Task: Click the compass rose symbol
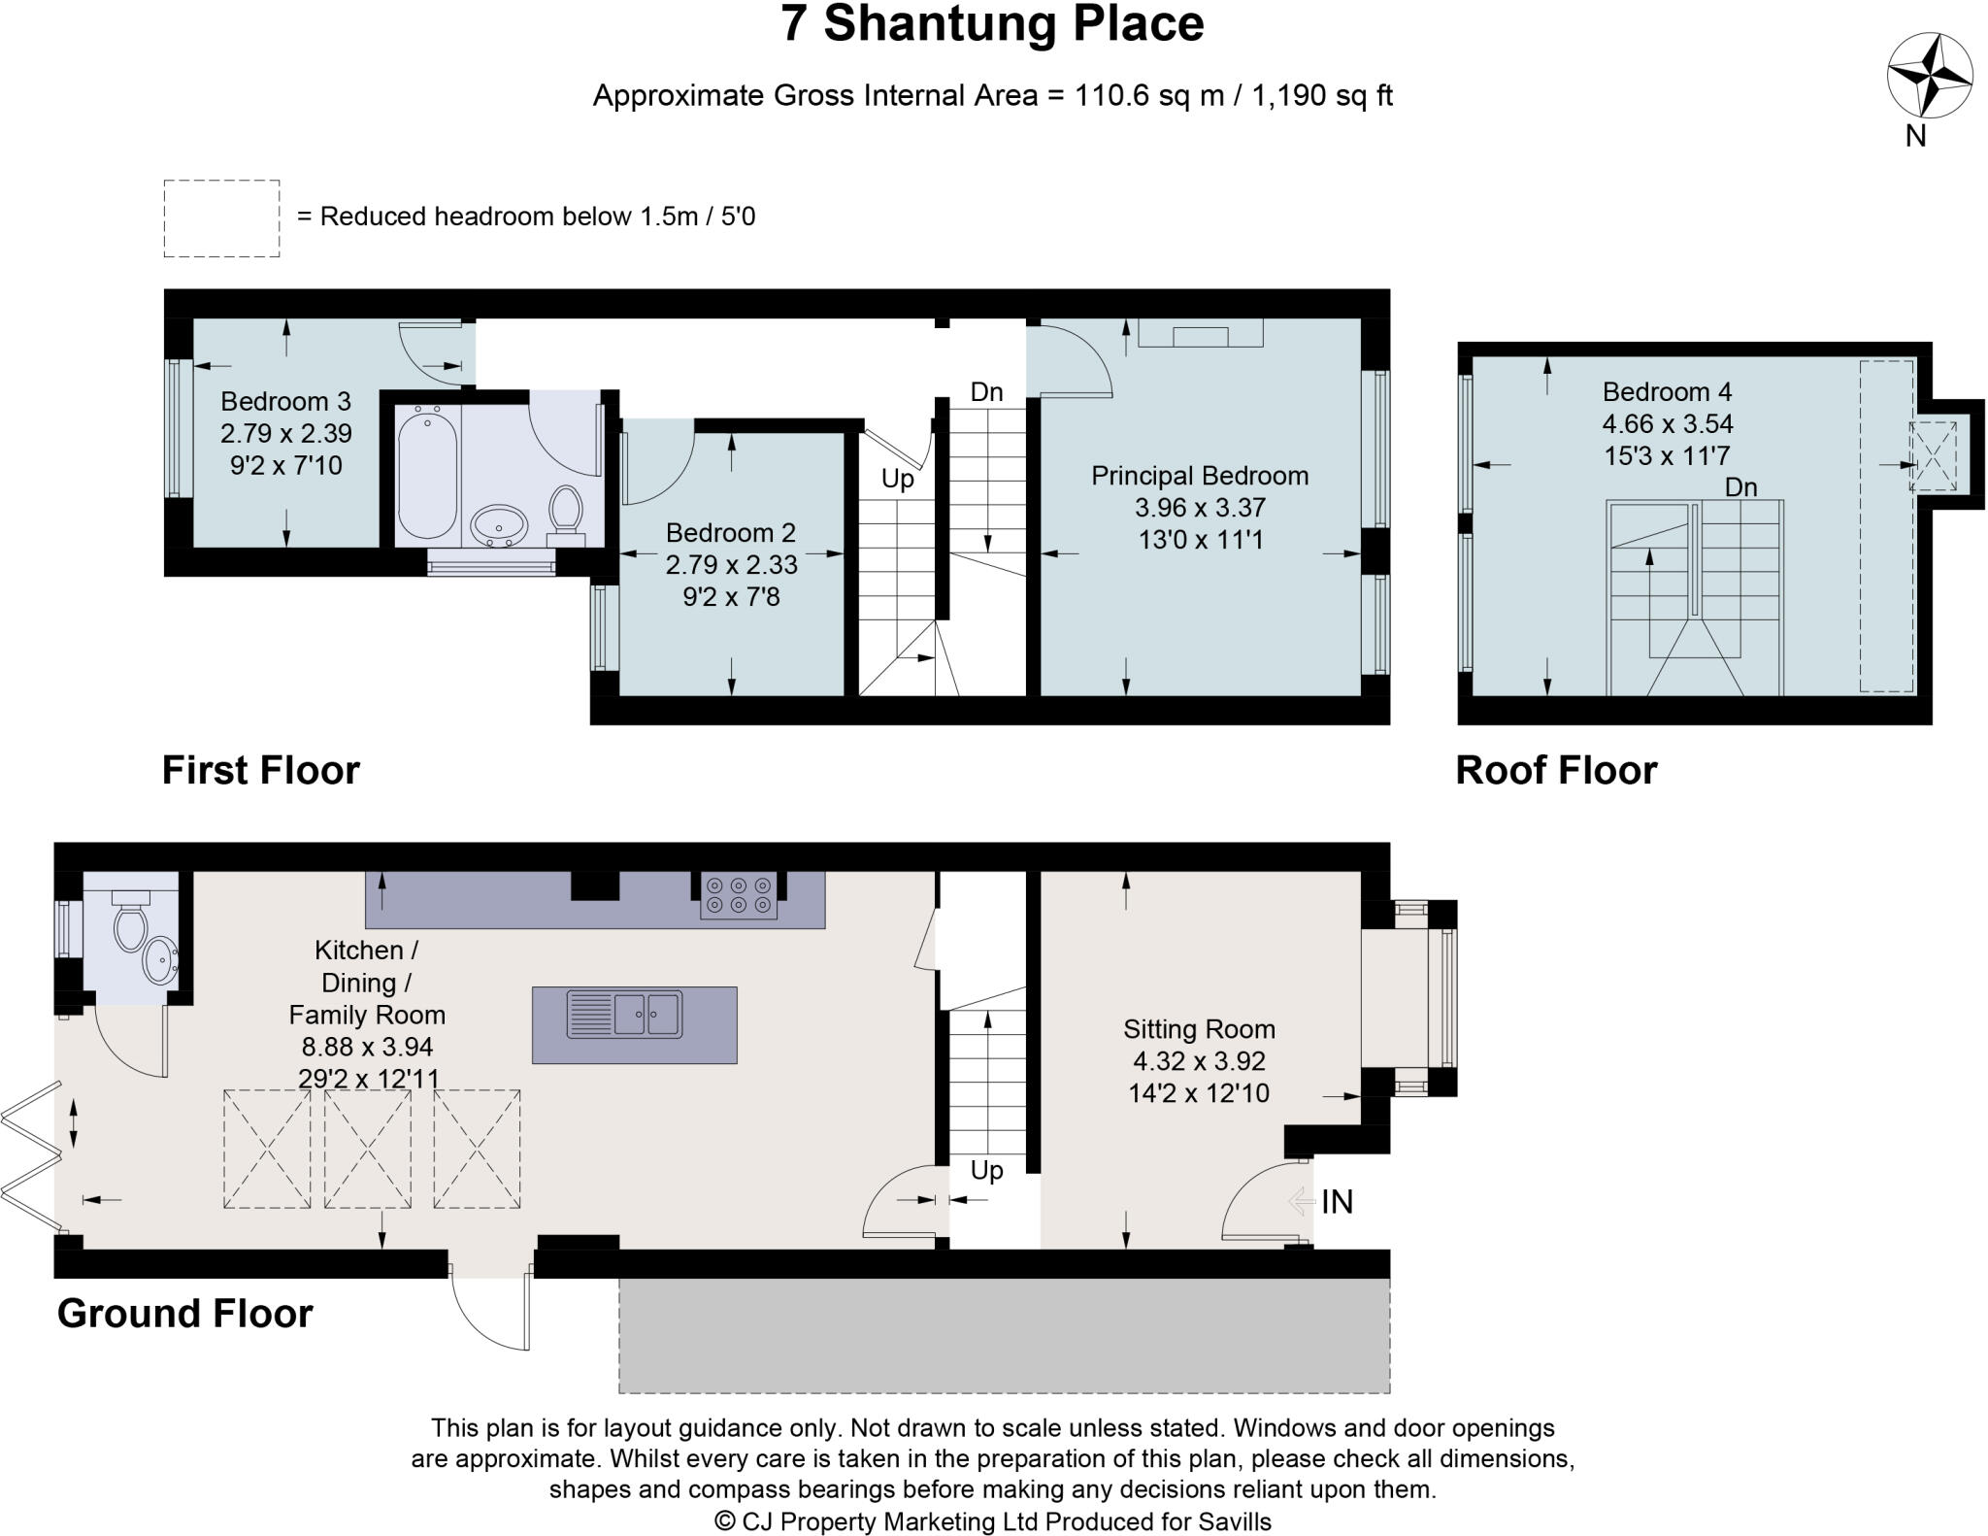(x=1929, y=75)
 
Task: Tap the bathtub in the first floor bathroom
(x=427, y=472)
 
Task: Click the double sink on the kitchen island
(x=624, y=1014)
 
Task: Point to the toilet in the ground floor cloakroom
(x=130, y=922)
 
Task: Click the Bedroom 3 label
(x=285, y=401)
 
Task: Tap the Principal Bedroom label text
(x=1200, y=476)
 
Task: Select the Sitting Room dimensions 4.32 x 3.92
(x=1199, y=1061)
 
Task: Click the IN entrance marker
(x=1336, y=1202)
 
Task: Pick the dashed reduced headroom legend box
(x=221, y=218)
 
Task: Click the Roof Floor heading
(x=1556, y=770)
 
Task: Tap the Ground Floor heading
(x=185, y=1313)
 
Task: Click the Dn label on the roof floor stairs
(x=1740, y=487)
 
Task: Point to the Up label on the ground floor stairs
(x=986, y=1170)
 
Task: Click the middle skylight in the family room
(x=368, y=1149)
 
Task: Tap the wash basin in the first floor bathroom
(x=500, y=527)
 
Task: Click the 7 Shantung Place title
(x=992, y=25)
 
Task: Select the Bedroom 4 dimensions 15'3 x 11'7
(x=1667, y=455)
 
